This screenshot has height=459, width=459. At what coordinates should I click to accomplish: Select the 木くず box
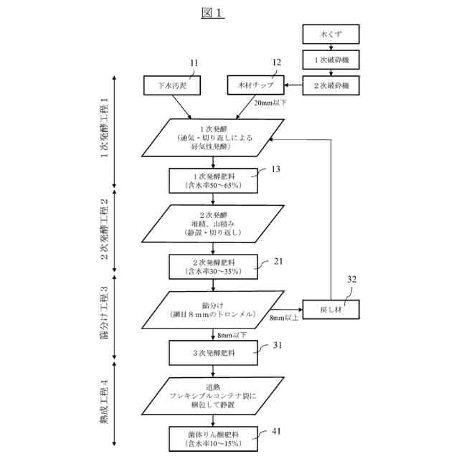pos(331,34)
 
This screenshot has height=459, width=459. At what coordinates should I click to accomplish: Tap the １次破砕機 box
pos(331,59)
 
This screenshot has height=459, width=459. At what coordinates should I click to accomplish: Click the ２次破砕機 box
pos(331,85)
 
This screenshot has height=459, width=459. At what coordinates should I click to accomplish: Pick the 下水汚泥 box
pos(172,85)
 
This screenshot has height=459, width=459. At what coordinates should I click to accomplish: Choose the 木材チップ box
pos(256,85)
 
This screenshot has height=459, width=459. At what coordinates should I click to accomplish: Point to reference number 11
pos(194,63)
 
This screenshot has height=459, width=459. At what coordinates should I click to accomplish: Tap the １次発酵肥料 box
pos(213,179)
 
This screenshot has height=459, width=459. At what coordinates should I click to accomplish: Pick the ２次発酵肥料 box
pos(213,267)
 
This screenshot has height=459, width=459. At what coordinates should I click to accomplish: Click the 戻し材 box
pos(331,310)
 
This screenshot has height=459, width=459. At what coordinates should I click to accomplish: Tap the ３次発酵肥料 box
pos(213,353)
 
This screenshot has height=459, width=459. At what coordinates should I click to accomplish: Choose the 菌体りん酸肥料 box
pos(213,439)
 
